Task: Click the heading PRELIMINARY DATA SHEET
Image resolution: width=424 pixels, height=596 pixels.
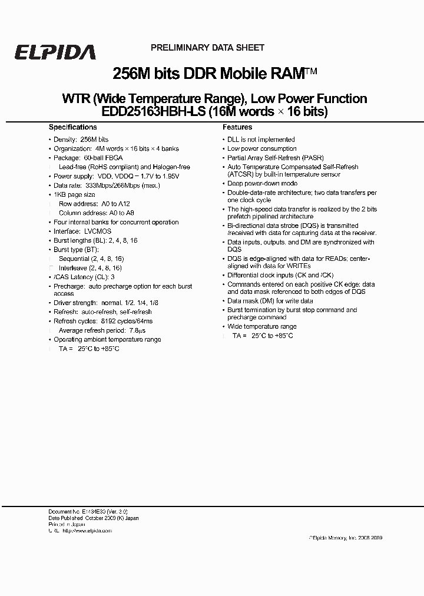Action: (x=208, y=48)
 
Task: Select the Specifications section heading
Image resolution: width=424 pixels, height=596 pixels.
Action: (x=72, y=127)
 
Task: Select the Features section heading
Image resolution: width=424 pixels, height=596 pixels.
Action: (x=237, y=127)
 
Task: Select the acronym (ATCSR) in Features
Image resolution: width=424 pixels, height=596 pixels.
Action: (x=240, y=175)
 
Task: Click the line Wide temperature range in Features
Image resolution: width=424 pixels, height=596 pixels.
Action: (x=262, y=326)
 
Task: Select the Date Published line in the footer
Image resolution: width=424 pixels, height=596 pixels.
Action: (x=94, y=518)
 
